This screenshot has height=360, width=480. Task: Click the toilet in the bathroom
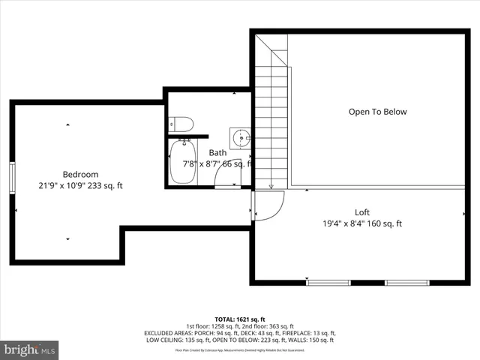182,124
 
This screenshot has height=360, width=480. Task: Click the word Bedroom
80,175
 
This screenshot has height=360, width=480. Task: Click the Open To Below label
377,112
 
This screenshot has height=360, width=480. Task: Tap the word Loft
362,212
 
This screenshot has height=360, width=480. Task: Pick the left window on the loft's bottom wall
328,283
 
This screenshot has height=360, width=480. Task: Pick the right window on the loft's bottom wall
406,283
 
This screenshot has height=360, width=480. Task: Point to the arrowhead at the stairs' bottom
271,186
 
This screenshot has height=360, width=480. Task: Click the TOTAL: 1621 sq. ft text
239,319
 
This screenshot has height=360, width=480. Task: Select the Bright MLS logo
30,349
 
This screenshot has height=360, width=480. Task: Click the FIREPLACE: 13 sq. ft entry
307,332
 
